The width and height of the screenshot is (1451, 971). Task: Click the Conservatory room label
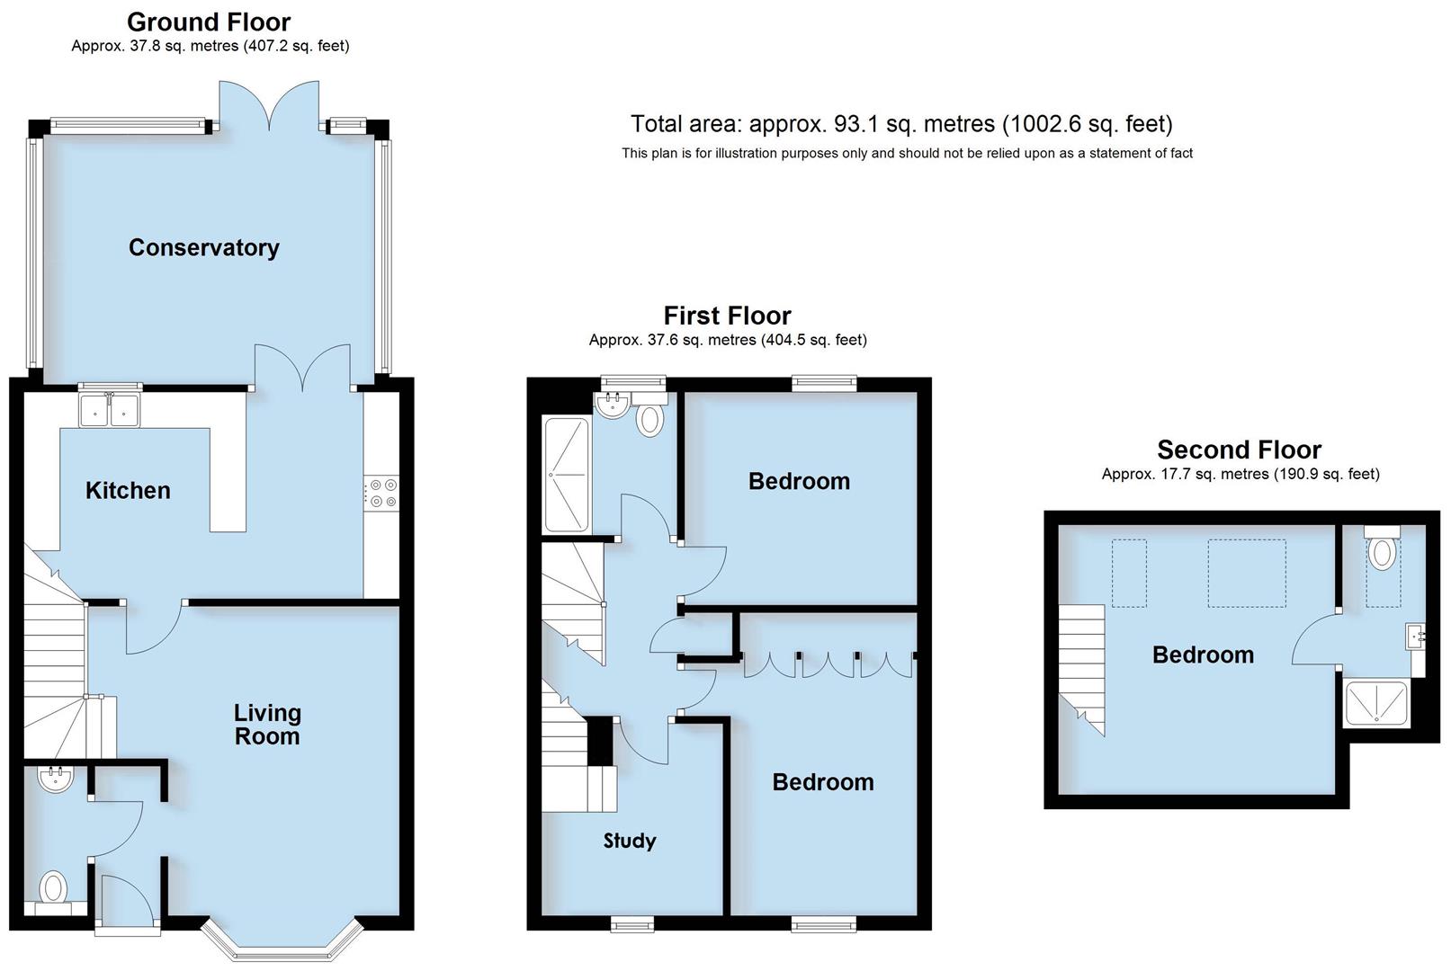point(203,248)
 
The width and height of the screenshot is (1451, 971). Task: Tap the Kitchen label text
point(128,491)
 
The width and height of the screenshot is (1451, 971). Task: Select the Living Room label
point(267,725)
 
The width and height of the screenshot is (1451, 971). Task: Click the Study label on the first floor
point(629,841)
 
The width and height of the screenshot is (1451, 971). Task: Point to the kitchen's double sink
point(110,410)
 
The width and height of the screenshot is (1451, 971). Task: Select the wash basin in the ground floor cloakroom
point(56,778)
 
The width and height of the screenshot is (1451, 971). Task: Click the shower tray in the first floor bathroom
point(567,474)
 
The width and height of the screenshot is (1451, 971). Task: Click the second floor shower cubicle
point(1375,704)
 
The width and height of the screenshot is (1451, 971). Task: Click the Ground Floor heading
point(209,22)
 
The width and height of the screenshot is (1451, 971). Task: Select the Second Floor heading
point(1239,450)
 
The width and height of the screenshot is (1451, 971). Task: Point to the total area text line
point(901,124)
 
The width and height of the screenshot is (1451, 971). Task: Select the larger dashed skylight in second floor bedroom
point(1246,573)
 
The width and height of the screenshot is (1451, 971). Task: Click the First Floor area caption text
point(727,340)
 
